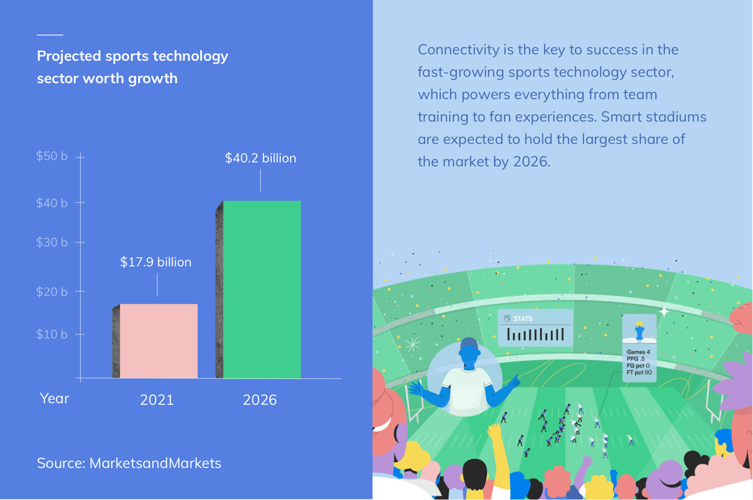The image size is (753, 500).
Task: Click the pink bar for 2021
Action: point(159,341)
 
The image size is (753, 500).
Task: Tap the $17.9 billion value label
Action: point(156,262)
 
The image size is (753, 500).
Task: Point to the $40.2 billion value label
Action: point(260,158)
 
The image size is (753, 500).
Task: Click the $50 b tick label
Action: point(51,156)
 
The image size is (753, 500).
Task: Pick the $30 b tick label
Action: point(51,242)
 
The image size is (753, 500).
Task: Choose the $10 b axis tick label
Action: point(51,334)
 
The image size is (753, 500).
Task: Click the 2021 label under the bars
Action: point(157,400)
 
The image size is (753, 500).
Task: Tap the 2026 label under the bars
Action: point(260,400)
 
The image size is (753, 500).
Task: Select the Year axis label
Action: point(55,398)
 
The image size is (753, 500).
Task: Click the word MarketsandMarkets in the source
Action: point(156,463)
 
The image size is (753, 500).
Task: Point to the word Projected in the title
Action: point(69,56)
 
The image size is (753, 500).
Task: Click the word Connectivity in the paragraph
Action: point(459,50)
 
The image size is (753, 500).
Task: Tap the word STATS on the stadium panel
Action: point(523,319)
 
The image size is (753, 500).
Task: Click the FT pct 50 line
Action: point(639,372)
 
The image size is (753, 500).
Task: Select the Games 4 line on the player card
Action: point(638,352)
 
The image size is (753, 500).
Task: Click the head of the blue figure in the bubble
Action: point(469,353)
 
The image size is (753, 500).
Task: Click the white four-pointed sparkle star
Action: point(664,312)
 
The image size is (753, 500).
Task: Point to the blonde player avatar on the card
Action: point(639,331)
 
